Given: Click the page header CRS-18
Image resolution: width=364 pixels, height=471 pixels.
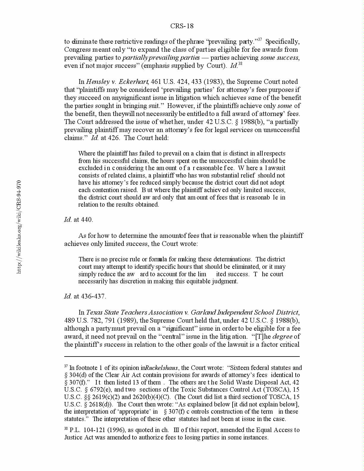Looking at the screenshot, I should [x=182, y=26].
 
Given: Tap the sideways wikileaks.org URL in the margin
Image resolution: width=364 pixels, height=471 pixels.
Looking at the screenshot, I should [x=19, y=227].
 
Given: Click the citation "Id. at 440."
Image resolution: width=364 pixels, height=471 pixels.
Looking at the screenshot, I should [x=79, y=220].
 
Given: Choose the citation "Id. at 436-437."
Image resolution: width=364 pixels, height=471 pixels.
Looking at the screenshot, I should [x=85, y=296].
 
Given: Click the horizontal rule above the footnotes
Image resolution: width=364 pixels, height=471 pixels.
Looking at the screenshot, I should [x=182, y=356].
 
